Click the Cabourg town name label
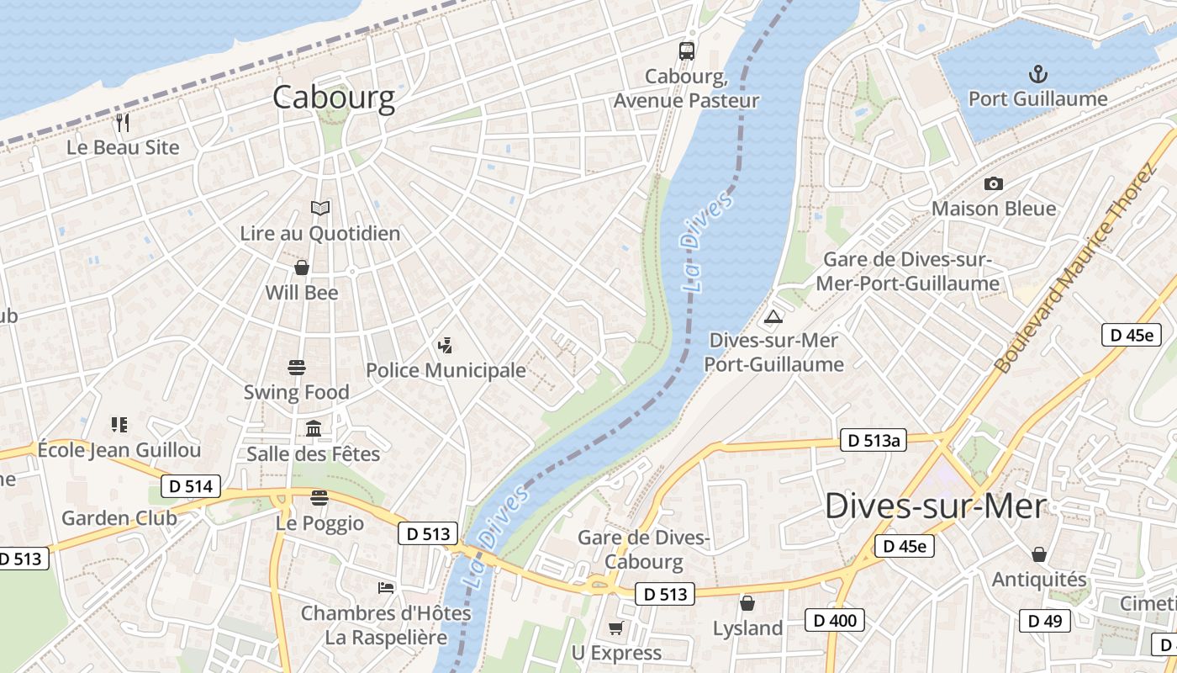(x=334, y=98)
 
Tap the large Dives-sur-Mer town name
(x=936, y=506)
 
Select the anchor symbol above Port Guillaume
(x=1038, y=74)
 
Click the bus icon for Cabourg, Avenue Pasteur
(x=687, y=50)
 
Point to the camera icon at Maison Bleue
(x=993, y=183)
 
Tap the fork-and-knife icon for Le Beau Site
(x=124, y=123)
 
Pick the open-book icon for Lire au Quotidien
(x=320, y=208)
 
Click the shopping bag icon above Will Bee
(x=302, y=268)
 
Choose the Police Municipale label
(x=446, y=370)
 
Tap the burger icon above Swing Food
(x=297, y=368)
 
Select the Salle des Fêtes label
(x=314, y=454)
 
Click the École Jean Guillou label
(x=119, y=450)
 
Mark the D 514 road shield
(x=191, y=485)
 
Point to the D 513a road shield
(x=874, y=440)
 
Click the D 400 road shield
(x=835, y=621)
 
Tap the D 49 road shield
(x=1045, y=622)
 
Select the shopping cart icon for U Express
(x=616, y=628)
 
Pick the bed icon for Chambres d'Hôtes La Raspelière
(x=386, y=587)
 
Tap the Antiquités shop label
(x=1039, y=580)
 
